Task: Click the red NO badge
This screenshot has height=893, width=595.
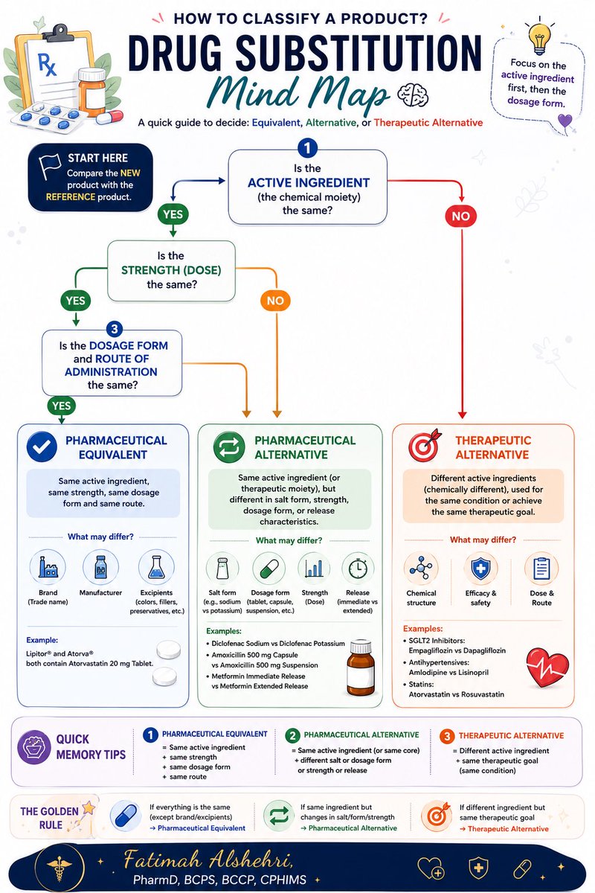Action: point(460,216)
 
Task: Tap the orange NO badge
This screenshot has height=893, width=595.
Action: point(275,301)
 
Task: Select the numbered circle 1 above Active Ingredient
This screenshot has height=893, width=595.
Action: point(307,148)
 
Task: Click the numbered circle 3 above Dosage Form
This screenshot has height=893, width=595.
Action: point(115,329)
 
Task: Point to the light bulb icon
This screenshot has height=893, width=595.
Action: point(539,37)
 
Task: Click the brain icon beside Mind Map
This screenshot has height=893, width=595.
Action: point(414,95)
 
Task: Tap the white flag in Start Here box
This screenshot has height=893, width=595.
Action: point(50,165)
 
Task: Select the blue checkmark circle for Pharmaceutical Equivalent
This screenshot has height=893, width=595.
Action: point(42,447)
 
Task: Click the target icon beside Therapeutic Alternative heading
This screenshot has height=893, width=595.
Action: point(425,445)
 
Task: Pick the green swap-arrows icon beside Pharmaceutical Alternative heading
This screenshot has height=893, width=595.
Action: point(229,447)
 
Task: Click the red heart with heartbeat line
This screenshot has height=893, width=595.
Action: point(547,668)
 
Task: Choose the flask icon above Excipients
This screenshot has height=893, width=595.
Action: point(156,567)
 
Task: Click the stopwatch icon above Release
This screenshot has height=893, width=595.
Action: point(358,568)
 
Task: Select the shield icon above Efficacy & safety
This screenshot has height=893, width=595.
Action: point(480,568)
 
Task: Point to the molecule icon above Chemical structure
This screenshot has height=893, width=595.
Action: point(421,568)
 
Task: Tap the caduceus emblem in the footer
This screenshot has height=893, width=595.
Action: point(59,868)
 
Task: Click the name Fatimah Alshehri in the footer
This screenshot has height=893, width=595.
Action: point(208,860)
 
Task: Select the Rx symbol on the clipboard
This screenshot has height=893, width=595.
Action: point(47,65)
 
